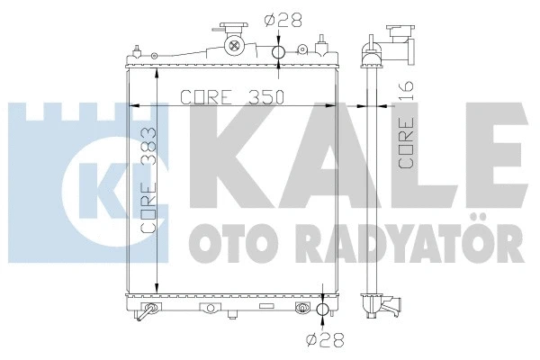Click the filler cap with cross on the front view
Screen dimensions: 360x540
235,46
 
